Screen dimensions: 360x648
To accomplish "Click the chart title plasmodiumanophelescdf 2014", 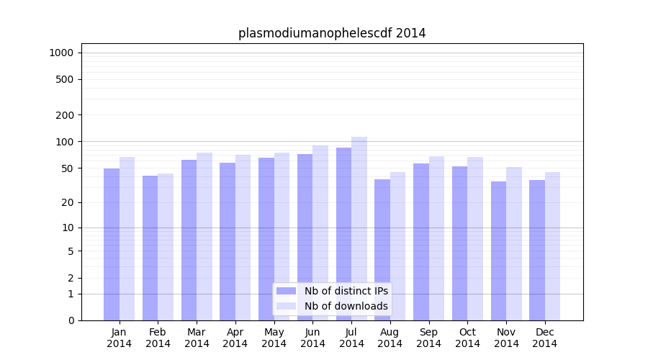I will tap(332, 33).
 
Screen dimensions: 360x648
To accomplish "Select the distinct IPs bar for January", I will tap(112, 245).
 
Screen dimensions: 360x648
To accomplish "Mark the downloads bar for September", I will tap(436, 238).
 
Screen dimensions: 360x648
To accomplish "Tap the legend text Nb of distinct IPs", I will tap(346, 291).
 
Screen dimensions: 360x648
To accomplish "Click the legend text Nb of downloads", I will tap(346, 306).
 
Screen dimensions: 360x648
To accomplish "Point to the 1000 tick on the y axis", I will tap(61, 53).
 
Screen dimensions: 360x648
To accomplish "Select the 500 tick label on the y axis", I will tap(65, 79).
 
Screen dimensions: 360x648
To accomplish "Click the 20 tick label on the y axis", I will tap(68, 202).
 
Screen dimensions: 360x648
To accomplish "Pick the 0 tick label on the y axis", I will tap(71, 320).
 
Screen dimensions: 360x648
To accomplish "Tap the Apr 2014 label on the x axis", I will tap(235, 338).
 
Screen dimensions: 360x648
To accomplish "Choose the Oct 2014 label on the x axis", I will tap(467, 338).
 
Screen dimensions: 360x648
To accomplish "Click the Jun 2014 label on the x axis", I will tap(312, 338).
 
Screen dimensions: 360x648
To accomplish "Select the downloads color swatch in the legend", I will tap(286, 306).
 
